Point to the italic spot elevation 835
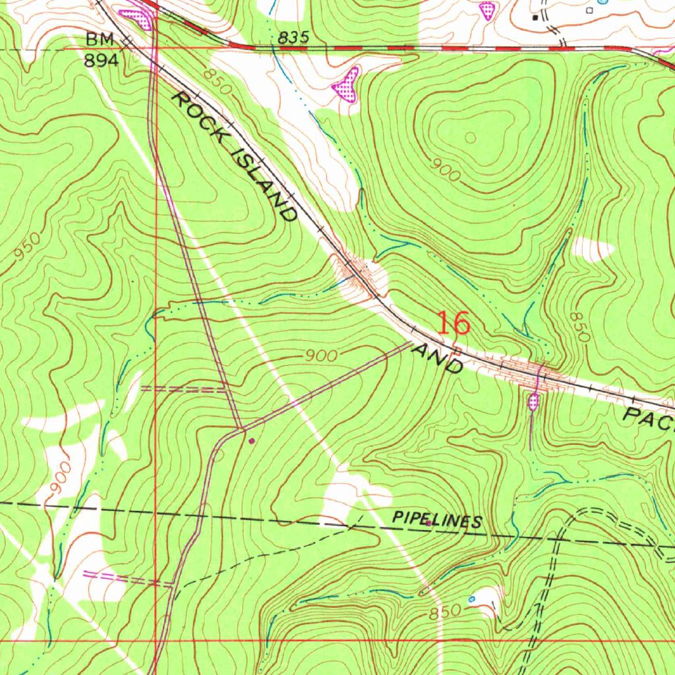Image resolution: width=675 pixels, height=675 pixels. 293,38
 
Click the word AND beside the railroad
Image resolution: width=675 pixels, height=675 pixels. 436,357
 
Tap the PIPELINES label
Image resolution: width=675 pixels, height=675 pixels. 437,520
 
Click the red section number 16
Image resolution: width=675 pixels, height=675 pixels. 454,324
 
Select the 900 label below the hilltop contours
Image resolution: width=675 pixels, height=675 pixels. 444,169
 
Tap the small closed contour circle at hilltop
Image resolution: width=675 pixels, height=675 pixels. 471,138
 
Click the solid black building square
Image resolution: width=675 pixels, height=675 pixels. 535,18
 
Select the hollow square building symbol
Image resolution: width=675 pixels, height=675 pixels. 589,11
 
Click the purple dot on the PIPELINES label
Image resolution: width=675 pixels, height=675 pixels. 428,523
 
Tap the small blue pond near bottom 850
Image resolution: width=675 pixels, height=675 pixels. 471,599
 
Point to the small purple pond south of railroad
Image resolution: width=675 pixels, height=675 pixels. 533,400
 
